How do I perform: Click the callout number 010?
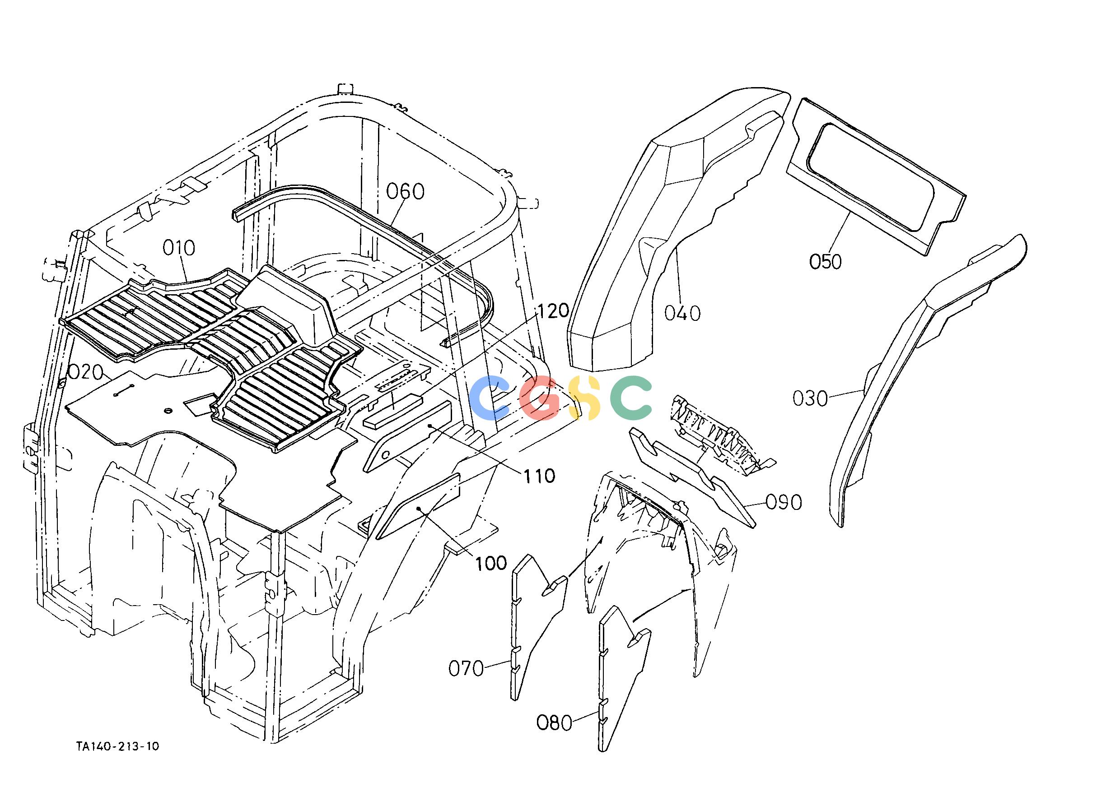(x=179, y=248)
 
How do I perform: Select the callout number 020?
(x=85, y=373)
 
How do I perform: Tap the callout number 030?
(x=810, y=398)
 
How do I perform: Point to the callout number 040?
(x=682, y=313)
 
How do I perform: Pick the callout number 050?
(x=826, y=262)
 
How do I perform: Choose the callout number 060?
(x=405, y=192)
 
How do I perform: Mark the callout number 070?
(x=466, y=669)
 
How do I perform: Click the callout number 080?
(x=555, y=722)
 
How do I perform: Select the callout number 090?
(x=784, y=502)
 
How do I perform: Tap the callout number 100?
(x=491, y=563)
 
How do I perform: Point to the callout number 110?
(x=539, y=476)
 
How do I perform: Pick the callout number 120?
(x=553, y=310)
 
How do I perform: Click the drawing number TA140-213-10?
(x=118, y=760)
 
